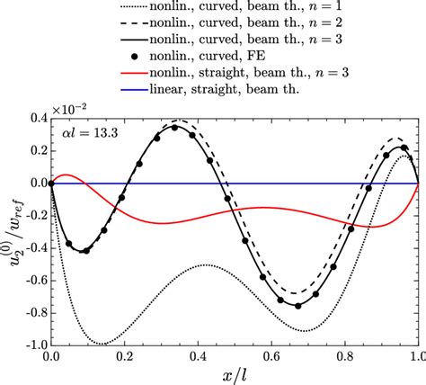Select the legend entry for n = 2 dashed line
tap(207, 26)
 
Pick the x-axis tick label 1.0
tap(416, 357)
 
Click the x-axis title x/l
tap(233, 375)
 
